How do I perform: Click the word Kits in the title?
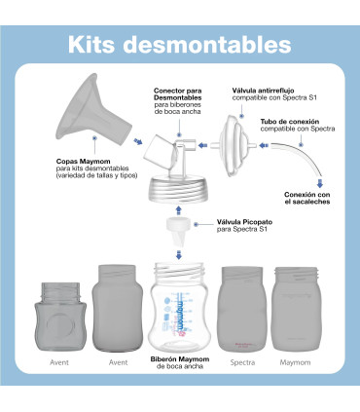95,45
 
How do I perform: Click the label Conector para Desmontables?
178,94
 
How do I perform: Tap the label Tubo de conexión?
291,123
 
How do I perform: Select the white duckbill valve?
178,234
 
